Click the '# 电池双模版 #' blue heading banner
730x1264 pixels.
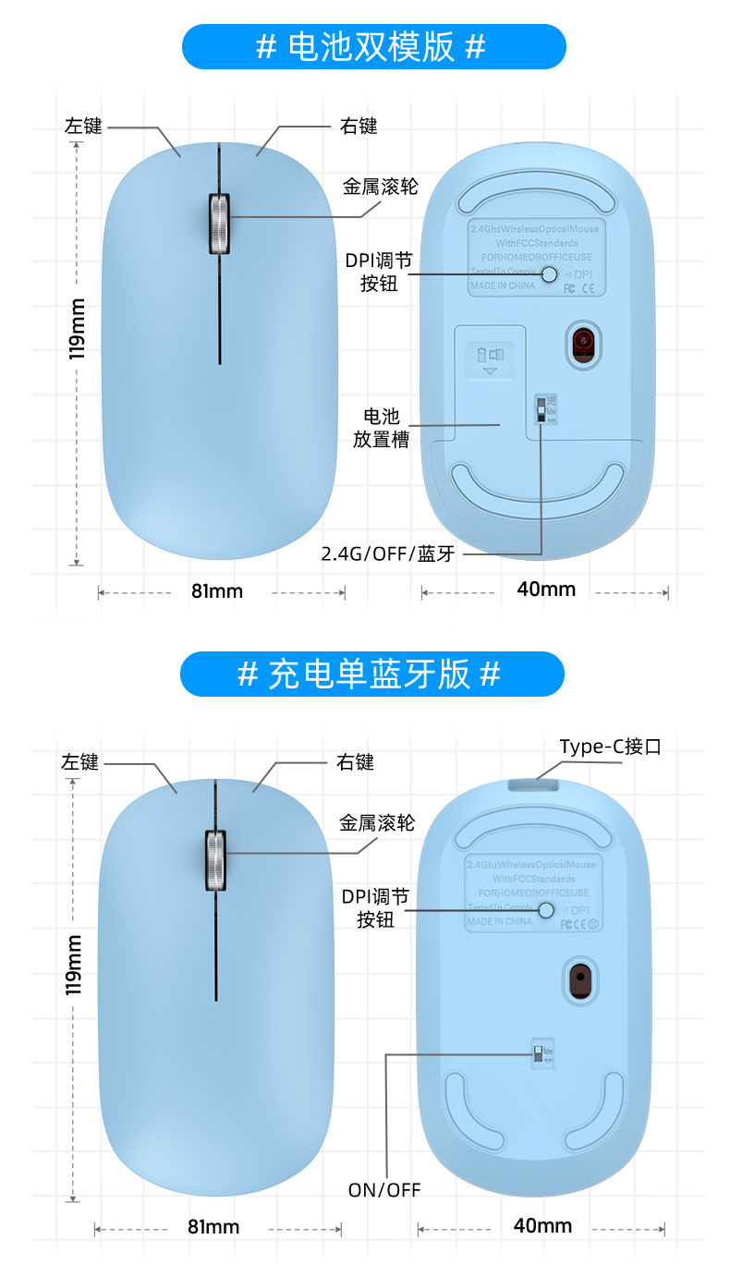(x=372, y=47)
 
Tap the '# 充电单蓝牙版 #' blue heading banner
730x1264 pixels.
(x=371, y=674)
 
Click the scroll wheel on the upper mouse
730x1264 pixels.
(x=219, y=223)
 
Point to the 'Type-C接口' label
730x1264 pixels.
(x=610, y=747)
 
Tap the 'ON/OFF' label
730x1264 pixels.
(x=384, y=1190)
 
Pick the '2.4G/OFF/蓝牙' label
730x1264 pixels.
(x=388, y=554)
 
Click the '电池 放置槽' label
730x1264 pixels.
(x=381, y=428)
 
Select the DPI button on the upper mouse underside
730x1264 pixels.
(x=550, y=274)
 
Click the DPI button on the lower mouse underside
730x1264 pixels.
(x=546, y=911)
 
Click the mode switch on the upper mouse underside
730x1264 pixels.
(x=541, y=407)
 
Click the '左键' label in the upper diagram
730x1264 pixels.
(x=83, y=127)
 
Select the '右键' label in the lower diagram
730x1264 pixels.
(x=355, y=762)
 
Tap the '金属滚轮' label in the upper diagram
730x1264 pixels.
(x=381, y=187)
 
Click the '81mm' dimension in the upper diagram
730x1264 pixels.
(x=217, y=591)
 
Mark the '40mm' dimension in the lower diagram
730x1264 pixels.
(x=542, y=1226)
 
